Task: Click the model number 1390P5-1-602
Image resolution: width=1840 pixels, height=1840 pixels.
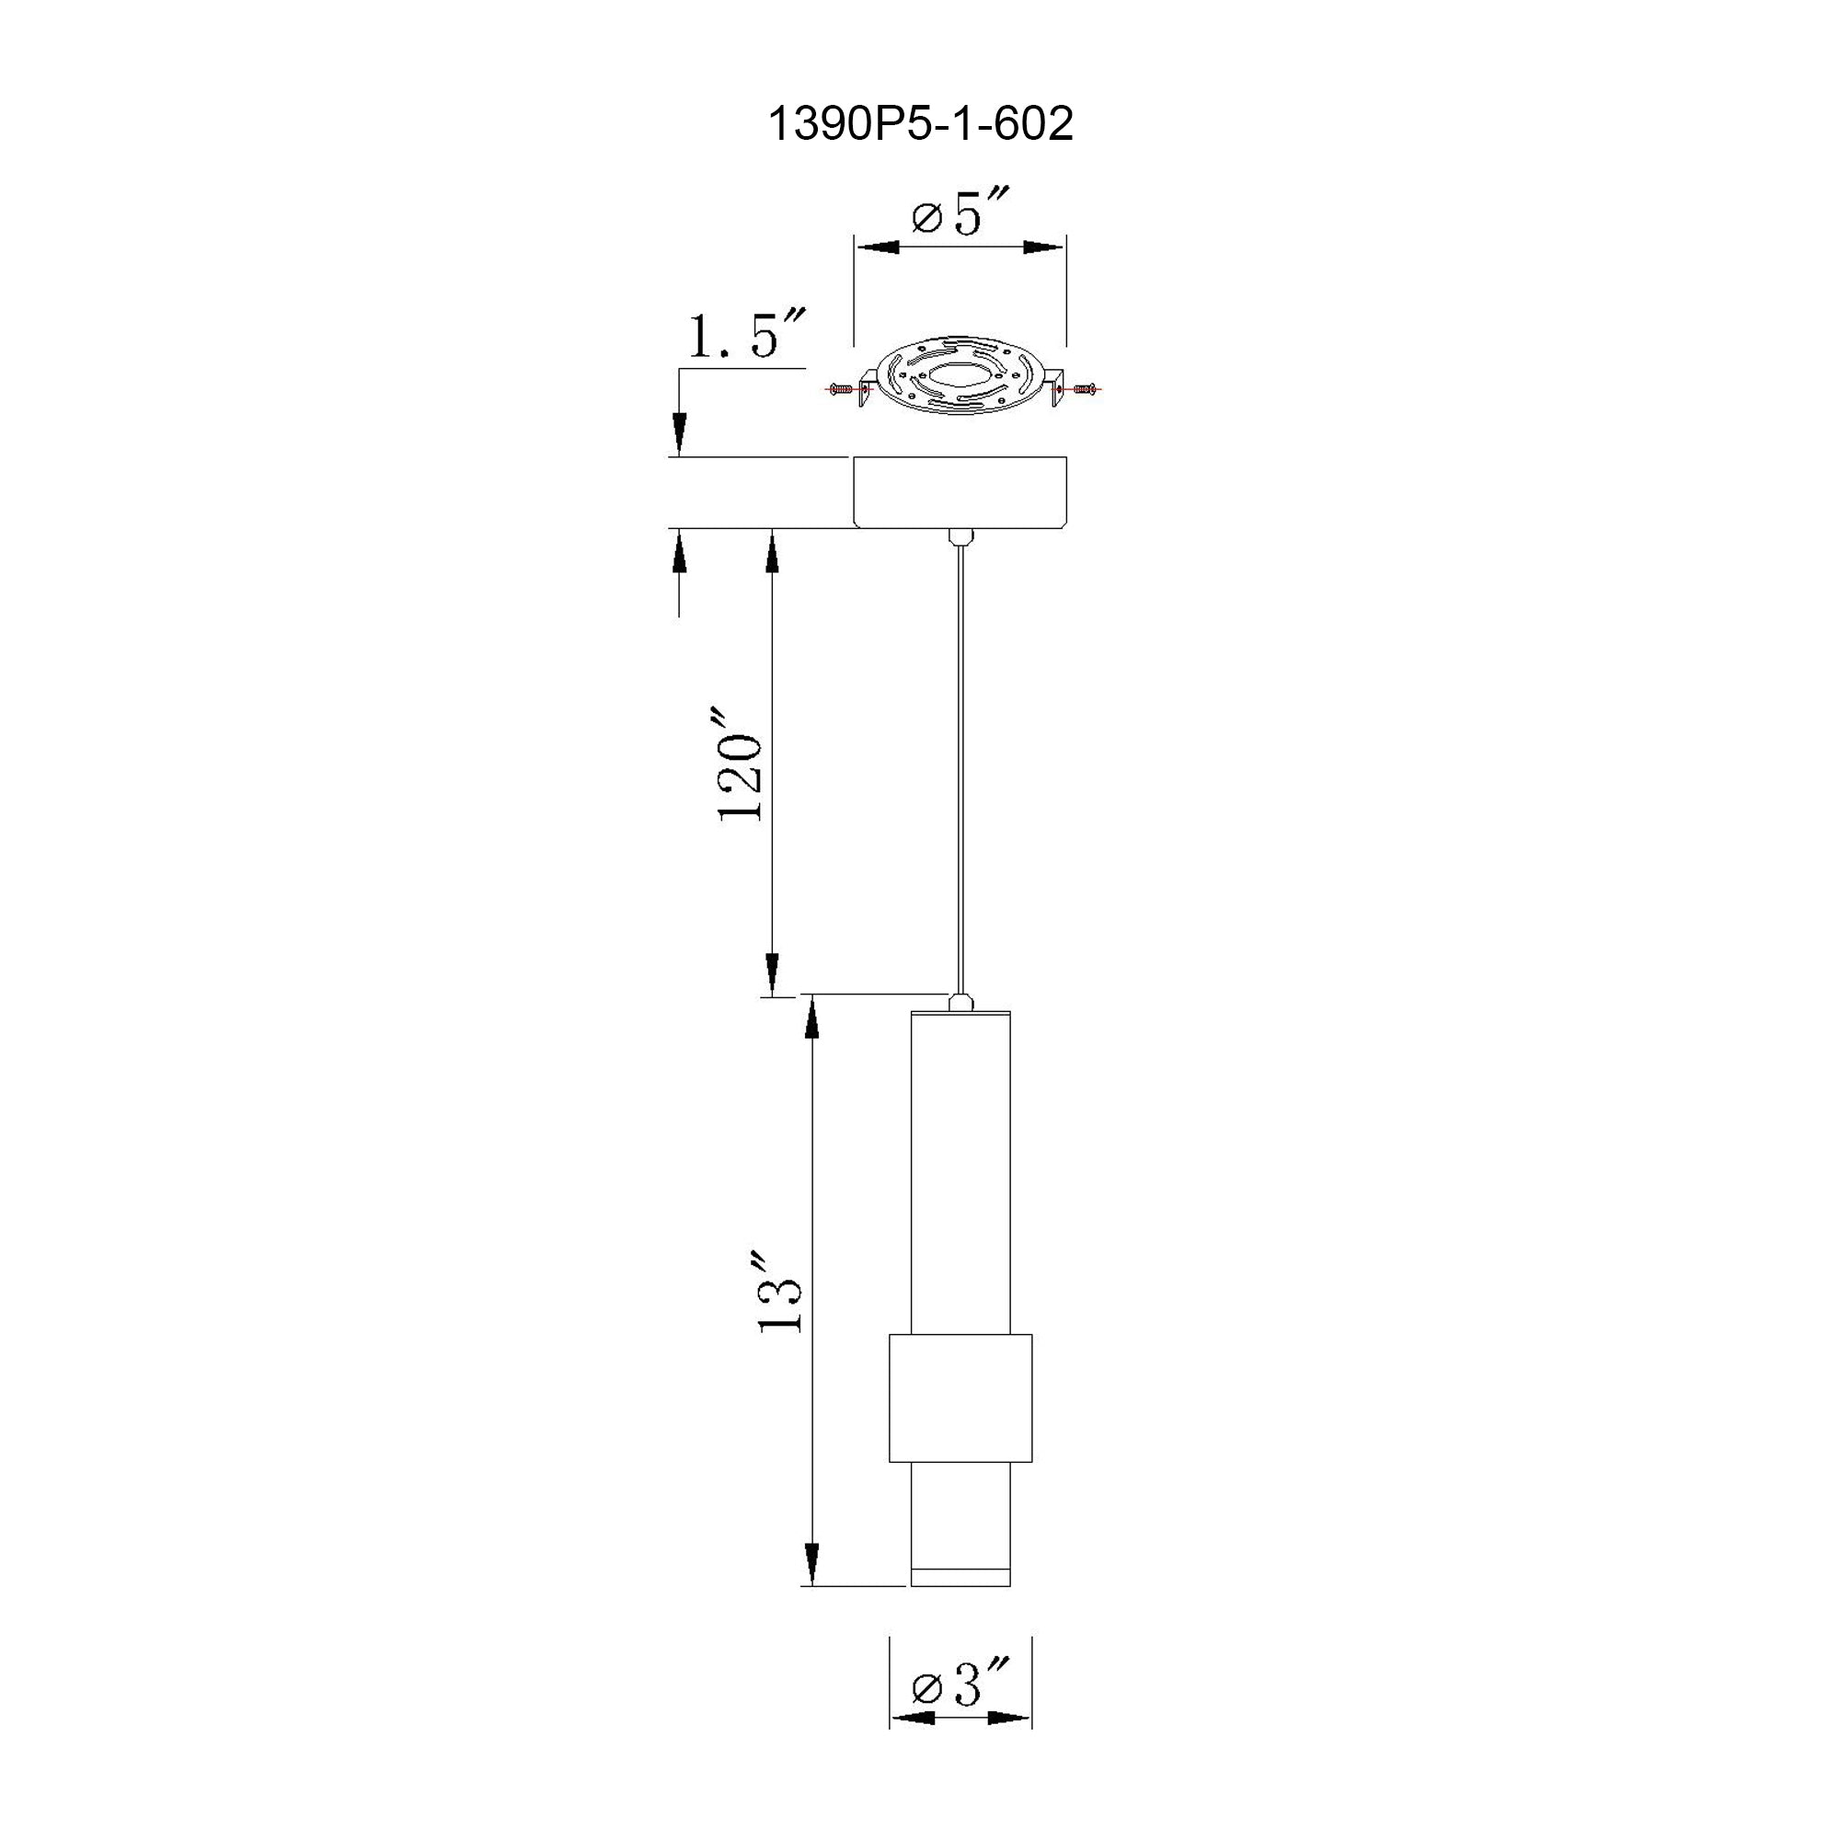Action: (920, 124)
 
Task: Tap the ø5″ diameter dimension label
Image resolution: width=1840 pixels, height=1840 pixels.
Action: (960, 213)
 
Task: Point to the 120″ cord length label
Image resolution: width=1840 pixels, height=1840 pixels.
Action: (741, 765)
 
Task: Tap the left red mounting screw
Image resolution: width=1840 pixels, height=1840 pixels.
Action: (841, 388)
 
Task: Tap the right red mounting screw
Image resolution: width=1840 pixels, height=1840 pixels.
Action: (1083, 388)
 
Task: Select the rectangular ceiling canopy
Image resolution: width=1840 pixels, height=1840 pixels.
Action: (960, 491)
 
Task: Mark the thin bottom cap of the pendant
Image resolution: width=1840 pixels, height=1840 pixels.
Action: (960, 1578)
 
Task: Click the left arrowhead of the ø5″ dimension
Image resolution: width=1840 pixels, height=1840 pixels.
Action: (878, 247)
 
